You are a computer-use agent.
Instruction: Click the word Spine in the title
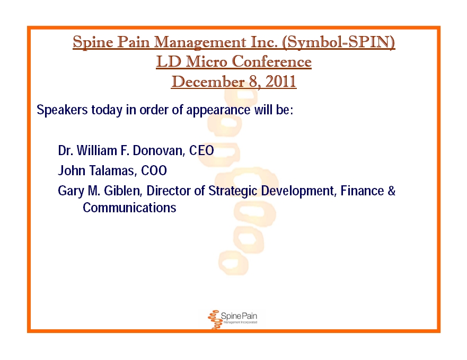click(x=93, y=42)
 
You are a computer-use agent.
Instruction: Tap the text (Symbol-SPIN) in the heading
click(x=338, y=42)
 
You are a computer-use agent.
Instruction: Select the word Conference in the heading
click(x=271, y=61)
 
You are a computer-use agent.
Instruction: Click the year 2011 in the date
click(x=281, y=82)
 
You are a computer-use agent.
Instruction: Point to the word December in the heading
click(x=208, y=82)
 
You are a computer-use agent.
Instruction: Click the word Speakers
click(x=62, y=110)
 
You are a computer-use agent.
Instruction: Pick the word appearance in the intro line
click(x=218, y=110)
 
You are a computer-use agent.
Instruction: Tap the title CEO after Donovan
click(x=201, y=150)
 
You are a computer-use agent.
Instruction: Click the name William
click(x=97, y=150)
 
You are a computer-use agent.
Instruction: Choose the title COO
click(x=154, y=171)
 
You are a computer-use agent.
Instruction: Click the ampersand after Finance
click(x=391, y=191)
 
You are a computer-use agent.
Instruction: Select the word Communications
click(x=129, y=208)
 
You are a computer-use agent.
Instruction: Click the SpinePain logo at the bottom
click(x=232, y=319)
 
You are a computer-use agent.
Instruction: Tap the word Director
click(x=169, y=191)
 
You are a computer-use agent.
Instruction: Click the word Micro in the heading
click(x=206, y=61)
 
